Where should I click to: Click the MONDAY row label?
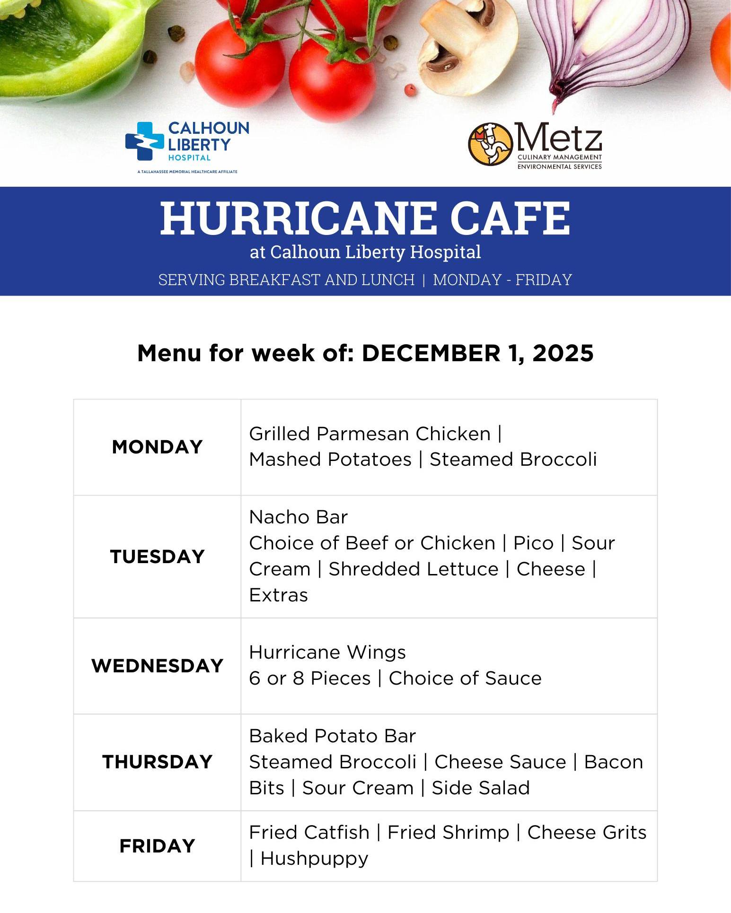(157, 447)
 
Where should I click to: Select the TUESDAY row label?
(157, 556)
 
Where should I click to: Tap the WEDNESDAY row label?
(157, 666)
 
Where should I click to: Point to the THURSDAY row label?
(157, 762)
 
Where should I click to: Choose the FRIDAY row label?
(157, 846)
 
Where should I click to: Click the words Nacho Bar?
(299, 517)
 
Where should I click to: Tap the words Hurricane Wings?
(327, 652)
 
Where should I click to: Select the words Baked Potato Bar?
(333, 736)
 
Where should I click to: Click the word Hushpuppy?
(314, 859)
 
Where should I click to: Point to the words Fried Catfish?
(309, 832)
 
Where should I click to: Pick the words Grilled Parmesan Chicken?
(370, 434)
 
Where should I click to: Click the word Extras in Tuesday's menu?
(279, 595)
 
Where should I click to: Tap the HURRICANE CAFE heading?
(365, 218)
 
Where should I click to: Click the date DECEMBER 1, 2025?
(478, 353)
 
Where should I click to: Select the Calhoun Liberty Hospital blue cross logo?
(145, 141)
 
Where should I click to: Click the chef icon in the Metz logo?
(491, 144)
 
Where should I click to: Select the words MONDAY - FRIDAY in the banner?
(502, 280)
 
